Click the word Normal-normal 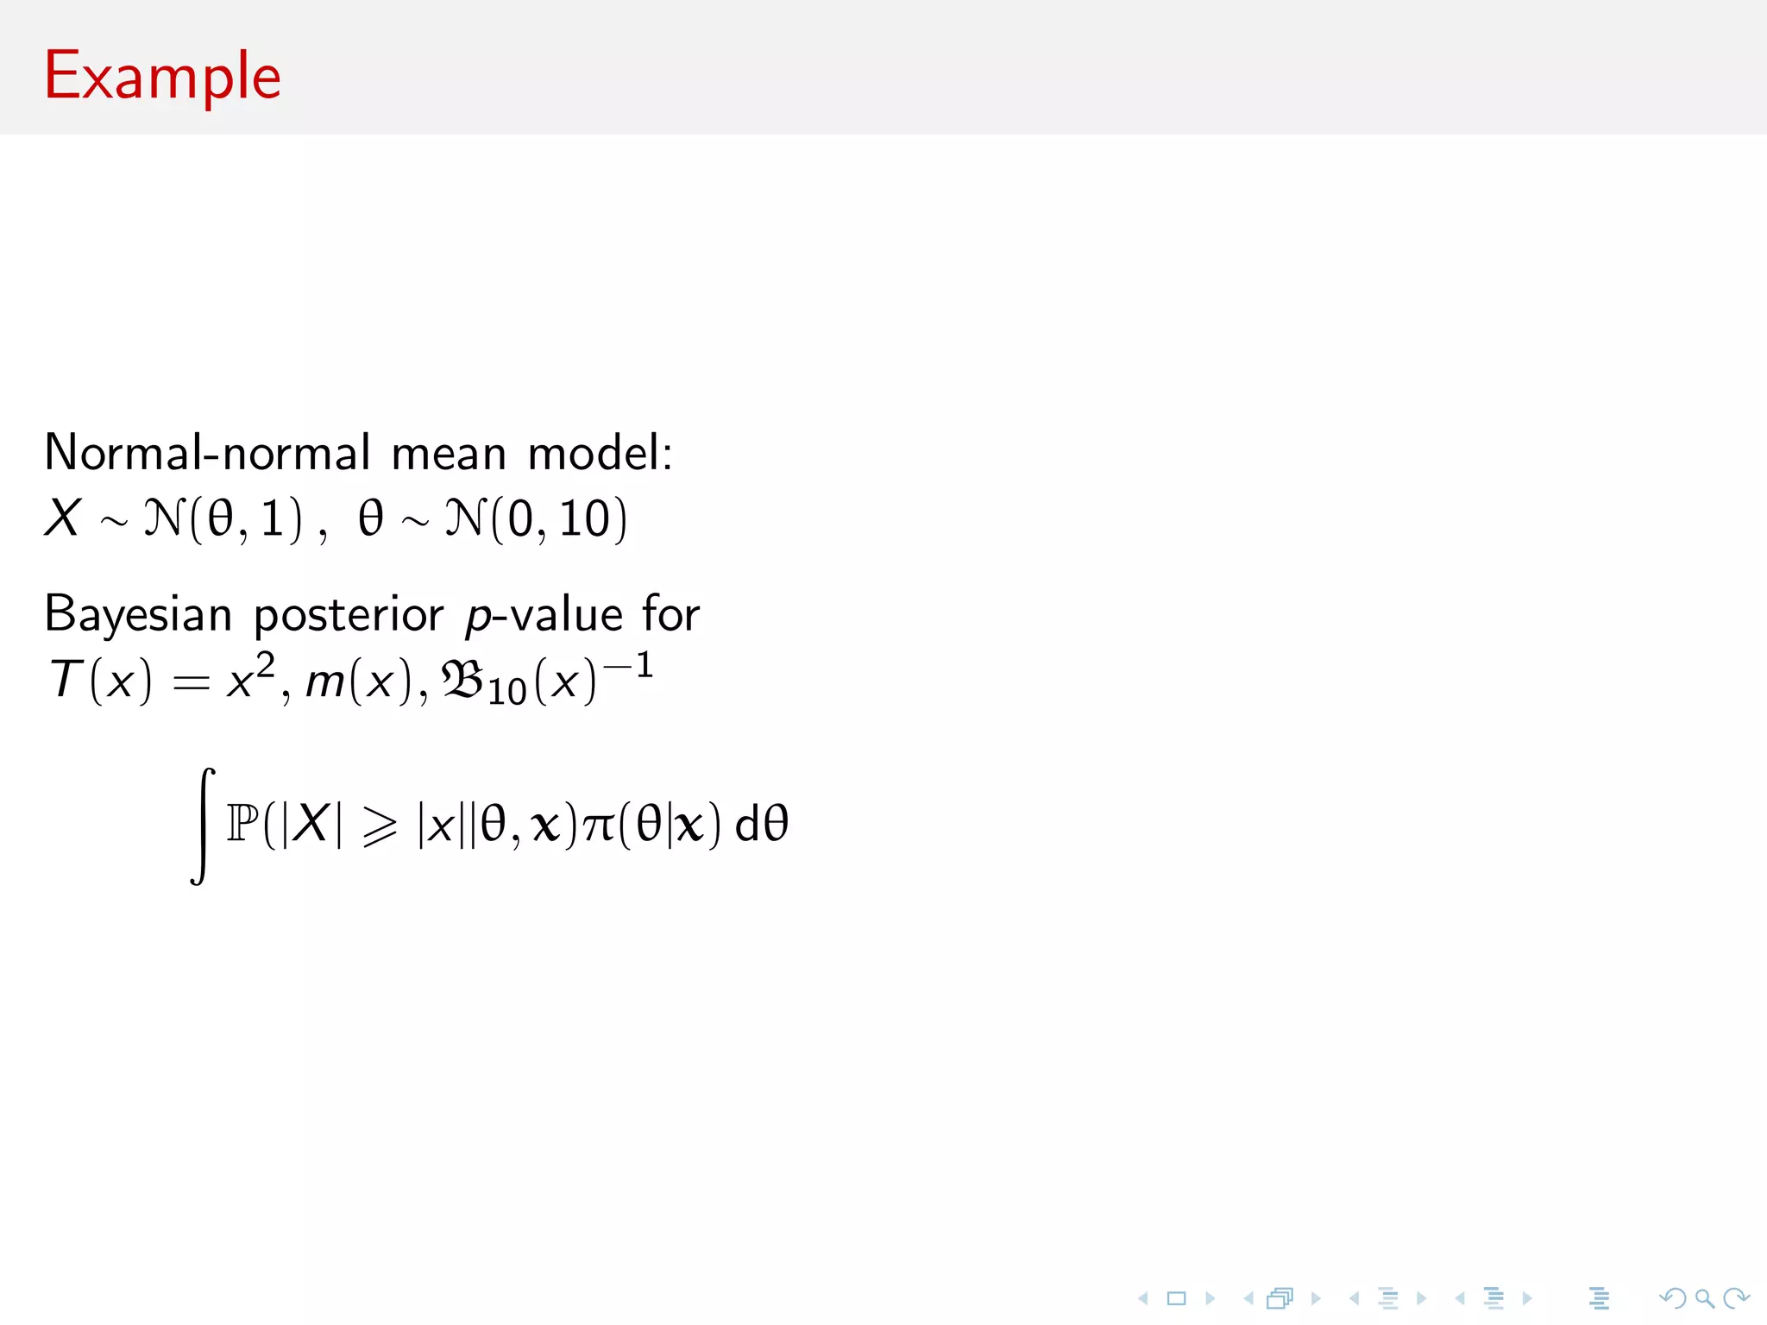pos(207,453)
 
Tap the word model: pos(600,453)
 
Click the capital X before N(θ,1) pos(63,518)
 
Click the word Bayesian pos(138,615)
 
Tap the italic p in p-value pos(477,617)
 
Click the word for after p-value pos(670,614)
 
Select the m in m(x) pos(325,682)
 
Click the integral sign pos(203,826)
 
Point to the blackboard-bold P pos(242,823)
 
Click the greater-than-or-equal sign pos(380,826)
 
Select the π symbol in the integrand pos(599,826)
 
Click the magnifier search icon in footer pos(1704,1298)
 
